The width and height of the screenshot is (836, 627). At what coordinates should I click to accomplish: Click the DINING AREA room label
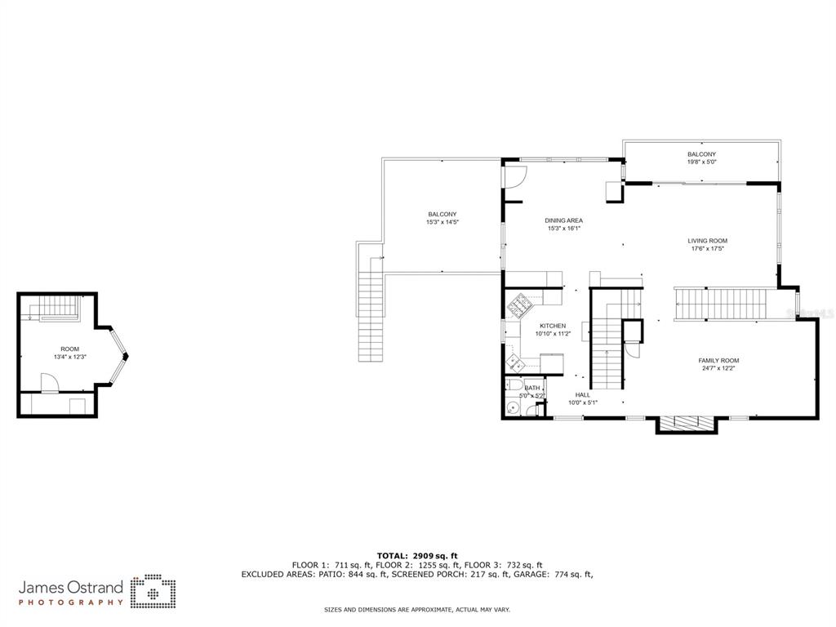coord(563,220)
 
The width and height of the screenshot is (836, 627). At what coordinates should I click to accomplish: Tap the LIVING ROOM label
coord(708,241)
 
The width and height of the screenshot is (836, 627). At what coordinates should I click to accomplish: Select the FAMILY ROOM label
coord(718,360)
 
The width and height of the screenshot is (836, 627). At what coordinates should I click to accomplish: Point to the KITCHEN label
coord(553,326)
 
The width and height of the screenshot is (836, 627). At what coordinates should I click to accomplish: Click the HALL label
coord(583,395)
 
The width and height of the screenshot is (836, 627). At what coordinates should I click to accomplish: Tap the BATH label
coord(532,388)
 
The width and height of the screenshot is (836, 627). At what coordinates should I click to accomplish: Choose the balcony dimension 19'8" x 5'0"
coord(701,162)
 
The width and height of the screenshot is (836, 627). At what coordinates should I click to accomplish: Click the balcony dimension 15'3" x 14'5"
coord(442,222)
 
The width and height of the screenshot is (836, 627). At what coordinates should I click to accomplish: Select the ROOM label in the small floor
coord(70,349)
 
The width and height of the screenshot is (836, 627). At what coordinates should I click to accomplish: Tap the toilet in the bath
coord(515,385)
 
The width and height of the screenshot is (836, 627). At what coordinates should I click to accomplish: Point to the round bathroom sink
coord(513,409)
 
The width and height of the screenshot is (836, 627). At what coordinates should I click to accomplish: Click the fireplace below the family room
coord(686,422)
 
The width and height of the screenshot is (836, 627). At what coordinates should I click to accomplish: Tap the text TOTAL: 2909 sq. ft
coord(417,556)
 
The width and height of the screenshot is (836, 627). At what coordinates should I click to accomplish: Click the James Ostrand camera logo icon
coord(153,591)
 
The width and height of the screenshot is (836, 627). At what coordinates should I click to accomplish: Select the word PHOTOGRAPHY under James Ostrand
coord(71,603)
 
